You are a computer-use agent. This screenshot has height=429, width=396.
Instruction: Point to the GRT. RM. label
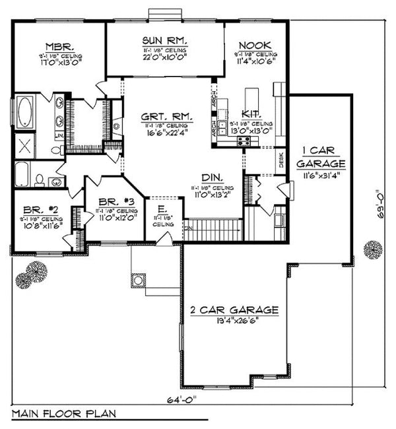tap(166, 116)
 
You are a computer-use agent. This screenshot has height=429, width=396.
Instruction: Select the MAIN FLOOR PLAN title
tap(64, 414)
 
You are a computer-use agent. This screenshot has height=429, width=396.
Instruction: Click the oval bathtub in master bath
tap(25, 113)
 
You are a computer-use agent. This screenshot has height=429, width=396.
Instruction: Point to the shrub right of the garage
tap(373, 251)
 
